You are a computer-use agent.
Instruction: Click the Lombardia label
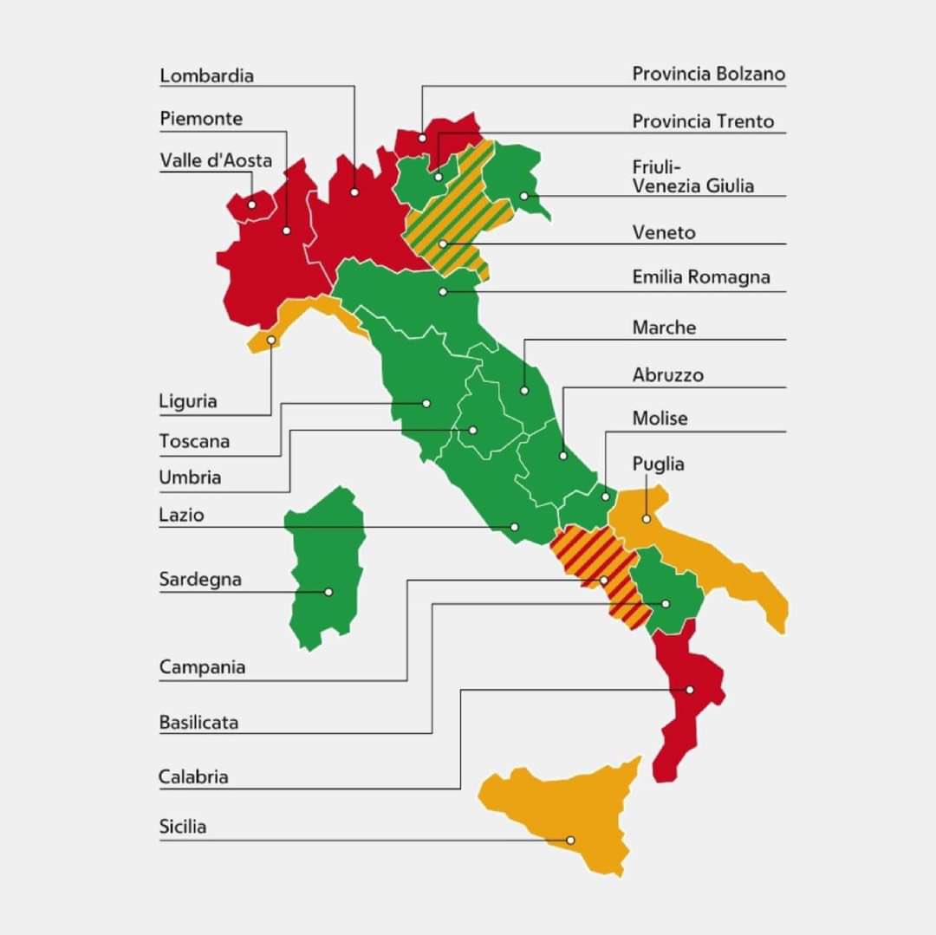pyautogui.click(x=207, y=75)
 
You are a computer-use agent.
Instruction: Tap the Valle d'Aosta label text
pyautogui.click(x=216, y=160)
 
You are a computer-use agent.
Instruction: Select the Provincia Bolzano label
pyautogui.click(x=708, y=75)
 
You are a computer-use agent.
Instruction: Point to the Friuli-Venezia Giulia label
pyautogui.click(x=692, y=177)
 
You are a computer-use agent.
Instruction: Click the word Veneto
pyautogui.click(x=664, y=232)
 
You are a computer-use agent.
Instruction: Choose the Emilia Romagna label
pyautogui.click(x=701, y=277)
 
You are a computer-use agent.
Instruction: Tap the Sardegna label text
pyautogui.click(x=200, y=579)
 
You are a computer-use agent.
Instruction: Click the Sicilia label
pyautogui.click(x=183, y=827)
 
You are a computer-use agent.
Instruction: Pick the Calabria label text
pyautogui.click(x=193, y=776)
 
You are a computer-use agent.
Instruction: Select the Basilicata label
pyautogui.click(x=198, y=722)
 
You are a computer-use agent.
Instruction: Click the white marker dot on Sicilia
pyautogui.click(x=570, y=840)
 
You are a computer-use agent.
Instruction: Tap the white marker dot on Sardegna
pyautogui.click(x=328, y=592)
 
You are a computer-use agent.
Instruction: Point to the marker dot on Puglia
pyautogui.click(x=646, y=519)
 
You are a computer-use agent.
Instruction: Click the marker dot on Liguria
pyautogui.click(x=271, y=341)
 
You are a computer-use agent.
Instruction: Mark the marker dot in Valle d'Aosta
pyautogui.click(x=252, y=205)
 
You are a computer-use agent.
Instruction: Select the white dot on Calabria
pyautogui.click(x=690, y=690)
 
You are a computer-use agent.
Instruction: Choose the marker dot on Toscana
pyautogui.click(x=426, y=403)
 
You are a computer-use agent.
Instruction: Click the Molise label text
pyautogui.click(x=660, y=419)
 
